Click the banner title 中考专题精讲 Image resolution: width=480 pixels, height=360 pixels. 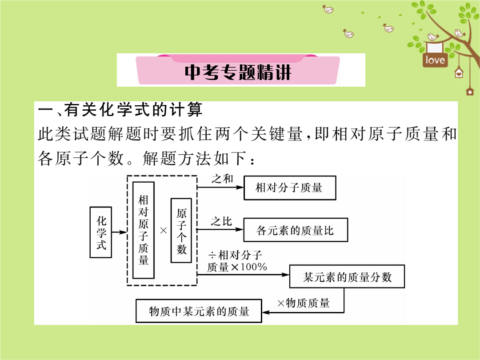238,72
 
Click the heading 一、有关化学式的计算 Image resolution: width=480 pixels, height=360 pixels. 120,110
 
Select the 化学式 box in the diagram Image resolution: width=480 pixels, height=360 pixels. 101,232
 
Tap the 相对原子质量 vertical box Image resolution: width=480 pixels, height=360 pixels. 143,230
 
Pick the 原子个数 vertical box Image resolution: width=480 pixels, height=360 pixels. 181,231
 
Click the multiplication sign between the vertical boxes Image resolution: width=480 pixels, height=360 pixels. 164,231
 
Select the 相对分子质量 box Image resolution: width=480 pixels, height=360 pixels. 290,188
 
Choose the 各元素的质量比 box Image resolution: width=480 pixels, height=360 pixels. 296,230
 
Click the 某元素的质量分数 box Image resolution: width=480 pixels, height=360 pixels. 347,276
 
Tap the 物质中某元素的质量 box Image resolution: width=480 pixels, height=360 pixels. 199,311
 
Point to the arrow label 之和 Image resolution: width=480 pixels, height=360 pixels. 222,179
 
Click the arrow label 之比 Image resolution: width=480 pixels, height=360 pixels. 221,221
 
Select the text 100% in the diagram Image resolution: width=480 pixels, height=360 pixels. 253,267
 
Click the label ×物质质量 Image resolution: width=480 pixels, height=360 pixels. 304,303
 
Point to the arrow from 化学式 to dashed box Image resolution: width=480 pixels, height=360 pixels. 120,232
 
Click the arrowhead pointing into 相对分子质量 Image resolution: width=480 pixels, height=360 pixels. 240,188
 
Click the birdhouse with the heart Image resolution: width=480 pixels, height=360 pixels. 459,73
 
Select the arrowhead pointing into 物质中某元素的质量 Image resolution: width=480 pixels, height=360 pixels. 266,312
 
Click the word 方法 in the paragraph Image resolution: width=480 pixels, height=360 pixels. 192,158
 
